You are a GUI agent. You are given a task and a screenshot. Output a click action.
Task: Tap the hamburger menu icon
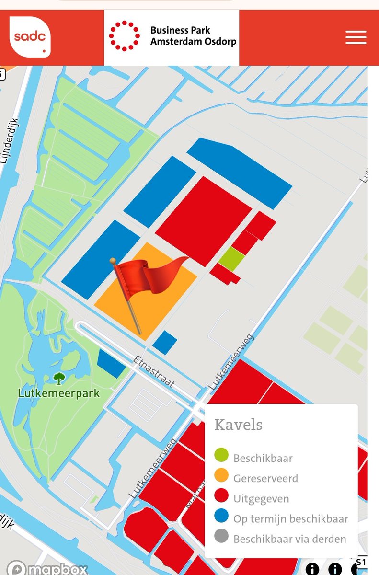pos(356,37)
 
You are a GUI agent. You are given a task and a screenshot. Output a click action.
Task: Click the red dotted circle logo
pos(124,36)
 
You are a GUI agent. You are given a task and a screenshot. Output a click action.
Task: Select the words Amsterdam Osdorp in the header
pos(193,42)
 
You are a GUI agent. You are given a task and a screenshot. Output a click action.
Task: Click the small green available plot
pos(231,258)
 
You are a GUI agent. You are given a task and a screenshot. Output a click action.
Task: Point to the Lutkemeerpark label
pos(59,393)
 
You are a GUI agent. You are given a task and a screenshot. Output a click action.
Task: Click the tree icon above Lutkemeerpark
pos(59,379)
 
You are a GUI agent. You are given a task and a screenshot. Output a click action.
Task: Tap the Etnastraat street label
pos(153,372)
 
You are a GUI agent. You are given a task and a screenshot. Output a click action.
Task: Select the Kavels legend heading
pos(238,425)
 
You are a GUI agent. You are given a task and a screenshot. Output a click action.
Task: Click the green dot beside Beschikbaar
pos(221,456)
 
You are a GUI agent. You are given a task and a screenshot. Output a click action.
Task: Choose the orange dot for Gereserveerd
pos(221,476)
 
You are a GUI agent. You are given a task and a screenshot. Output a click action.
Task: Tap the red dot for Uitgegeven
pos(221,497)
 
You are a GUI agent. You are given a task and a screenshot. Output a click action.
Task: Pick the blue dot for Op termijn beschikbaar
pos(221,517)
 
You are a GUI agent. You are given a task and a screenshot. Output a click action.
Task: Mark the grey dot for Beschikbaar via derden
pos(221,538)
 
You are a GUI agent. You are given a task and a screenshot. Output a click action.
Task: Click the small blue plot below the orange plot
pos(165,342)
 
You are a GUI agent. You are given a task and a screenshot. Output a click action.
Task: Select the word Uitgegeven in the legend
pos(261,499)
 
